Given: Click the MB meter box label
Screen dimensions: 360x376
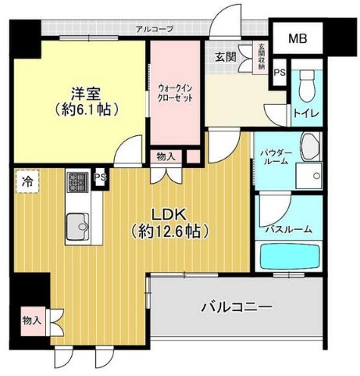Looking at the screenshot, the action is tap(298, 38).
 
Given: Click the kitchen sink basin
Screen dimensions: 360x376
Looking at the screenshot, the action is tap(78, 227).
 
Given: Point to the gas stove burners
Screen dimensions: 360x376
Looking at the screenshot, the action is tap(78, 182).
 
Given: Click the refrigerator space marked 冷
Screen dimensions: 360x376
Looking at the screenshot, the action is tap(27, 181).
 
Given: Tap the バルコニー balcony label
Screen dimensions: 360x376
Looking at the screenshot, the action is tap(237, 307).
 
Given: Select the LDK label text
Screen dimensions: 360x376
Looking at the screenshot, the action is tap(169, 215).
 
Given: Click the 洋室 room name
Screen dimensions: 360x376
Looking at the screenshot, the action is tap(86, 94).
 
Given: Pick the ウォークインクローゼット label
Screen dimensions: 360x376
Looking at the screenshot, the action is tap(176, 94).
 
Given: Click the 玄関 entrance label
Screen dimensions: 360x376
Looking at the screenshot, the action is tap(226, 57).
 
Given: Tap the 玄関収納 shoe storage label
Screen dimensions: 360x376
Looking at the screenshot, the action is tap(262, 56).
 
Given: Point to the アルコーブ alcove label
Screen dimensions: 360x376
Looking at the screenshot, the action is tap(155, 29).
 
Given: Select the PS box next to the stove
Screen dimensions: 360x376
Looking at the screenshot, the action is tap(101, 177).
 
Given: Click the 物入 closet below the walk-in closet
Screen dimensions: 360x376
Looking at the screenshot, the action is tap(166, 157).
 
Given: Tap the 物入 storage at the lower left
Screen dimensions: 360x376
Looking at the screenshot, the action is tap(33, 320).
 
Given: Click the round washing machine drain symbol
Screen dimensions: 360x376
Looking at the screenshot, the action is tap(316, 176).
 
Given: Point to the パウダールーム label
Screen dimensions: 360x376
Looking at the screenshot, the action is tap(276, 156).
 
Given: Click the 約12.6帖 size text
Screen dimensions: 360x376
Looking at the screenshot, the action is tap(170, 231).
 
